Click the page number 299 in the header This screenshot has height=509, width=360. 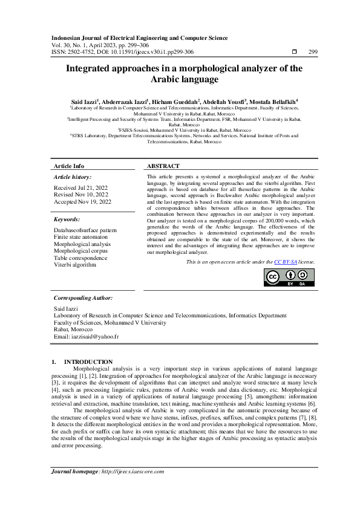pos(313,52)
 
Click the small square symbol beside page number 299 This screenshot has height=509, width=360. pos(294,52)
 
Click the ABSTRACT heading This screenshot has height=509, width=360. pos(163,166)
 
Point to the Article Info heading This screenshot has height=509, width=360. pos(69,166)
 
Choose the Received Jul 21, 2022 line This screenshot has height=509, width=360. pos(80,188)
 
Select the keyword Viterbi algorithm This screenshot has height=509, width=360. pos(74,264)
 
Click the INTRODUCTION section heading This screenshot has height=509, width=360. pos(88,361)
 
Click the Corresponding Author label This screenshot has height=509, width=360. pos(83,298)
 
